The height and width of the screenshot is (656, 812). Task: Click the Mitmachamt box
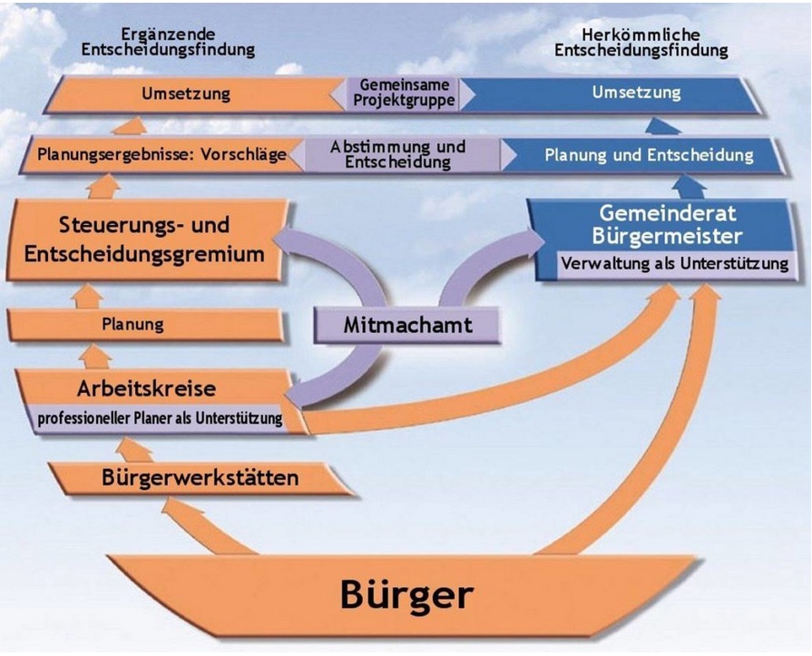pyautogui.click(x=407, y=325)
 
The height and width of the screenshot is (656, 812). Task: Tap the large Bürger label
pyautogui.click(x=406, y=594)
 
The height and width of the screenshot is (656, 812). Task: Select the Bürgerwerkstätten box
pyautogui.click(x=200, y=477)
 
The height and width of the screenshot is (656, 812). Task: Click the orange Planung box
pyautogui.click(x=147, y=325)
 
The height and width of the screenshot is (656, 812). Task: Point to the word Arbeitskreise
pyautogui.click(x=147, y=388)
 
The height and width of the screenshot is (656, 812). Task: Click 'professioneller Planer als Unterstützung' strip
pyautogui.click(x=160, y=418)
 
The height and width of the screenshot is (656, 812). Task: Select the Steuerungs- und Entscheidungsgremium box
pyautogui.click(x=146, y=240)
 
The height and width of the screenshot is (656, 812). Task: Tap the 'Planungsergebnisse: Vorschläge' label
pyautogui.click(x=161, y=154)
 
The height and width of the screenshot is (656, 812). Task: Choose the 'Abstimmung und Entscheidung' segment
pyautogui.click(x=397, y=154)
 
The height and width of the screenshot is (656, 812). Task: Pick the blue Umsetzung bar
pyautogui.click(x=611, y=93)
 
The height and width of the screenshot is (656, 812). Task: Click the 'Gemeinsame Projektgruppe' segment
pyautogui.click(x=404, y=93)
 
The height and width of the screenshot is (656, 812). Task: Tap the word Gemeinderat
pyautogui.click(x=668, y=213)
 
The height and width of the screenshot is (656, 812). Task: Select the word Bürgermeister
pyautogui.click(x=668, y=236)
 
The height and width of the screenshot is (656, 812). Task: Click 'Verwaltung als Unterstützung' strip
pyautogui.click(x=675, y=263)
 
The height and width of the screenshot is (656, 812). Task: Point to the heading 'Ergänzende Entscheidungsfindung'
pyautogui.click(x=169, y=42)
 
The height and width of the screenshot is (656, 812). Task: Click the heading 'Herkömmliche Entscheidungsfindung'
pyautogui.click(x=641, y=43)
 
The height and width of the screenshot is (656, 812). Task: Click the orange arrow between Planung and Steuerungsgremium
pyautogui.click(x=87, y=296)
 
